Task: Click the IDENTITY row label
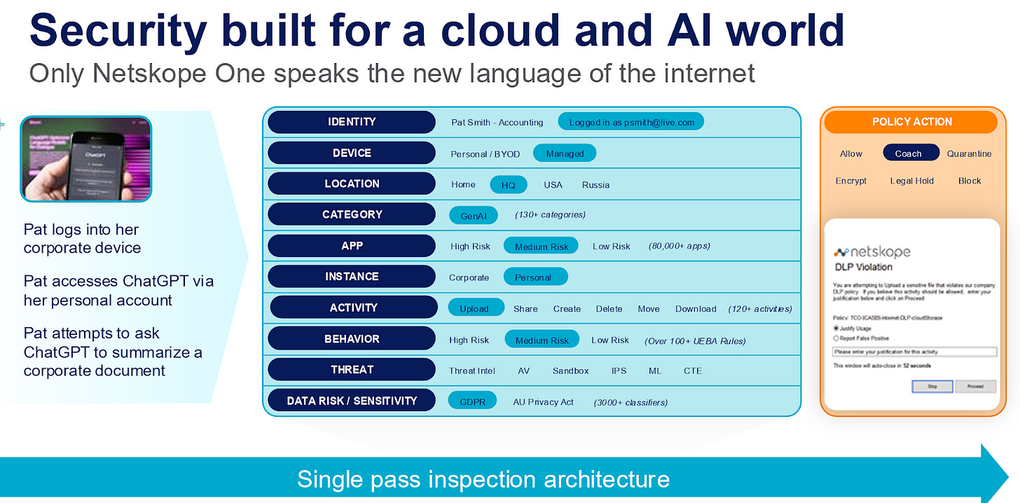pyautogui.click(x=352, y=122)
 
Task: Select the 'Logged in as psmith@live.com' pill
pyautogui.click(x=630, y=122)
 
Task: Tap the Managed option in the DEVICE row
pyautogui.click(x=564, y=153)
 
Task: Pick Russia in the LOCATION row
pyautogui.click(x=595, y=185)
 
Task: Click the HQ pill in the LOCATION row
pyautogui.click(x=508, y=185)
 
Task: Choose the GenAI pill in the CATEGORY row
pyautogui.click(x=474, y=216)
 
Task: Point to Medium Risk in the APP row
pyautogui.click(x=541, y=247)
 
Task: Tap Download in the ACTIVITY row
pyautogui.click(x=695, y=309)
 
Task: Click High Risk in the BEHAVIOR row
pyautogui.click(x=469, y=340)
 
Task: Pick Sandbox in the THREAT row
pyautogui.click(x=570, y=371)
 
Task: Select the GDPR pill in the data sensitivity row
pyautogui.click(x=472, y=401)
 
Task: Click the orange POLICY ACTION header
pyautogui.click(x=911, y=122)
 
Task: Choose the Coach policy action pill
pyautogui.click(x=907, y=153)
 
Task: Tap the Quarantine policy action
pyautogui.click(x=969, y=153)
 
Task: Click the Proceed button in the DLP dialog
pyautogui.click(x=975, y=386)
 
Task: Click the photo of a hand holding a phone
pyautogui.click(x=86, y=159)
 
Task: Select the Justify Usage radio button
pyautogui.click(x=836, y=328)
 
